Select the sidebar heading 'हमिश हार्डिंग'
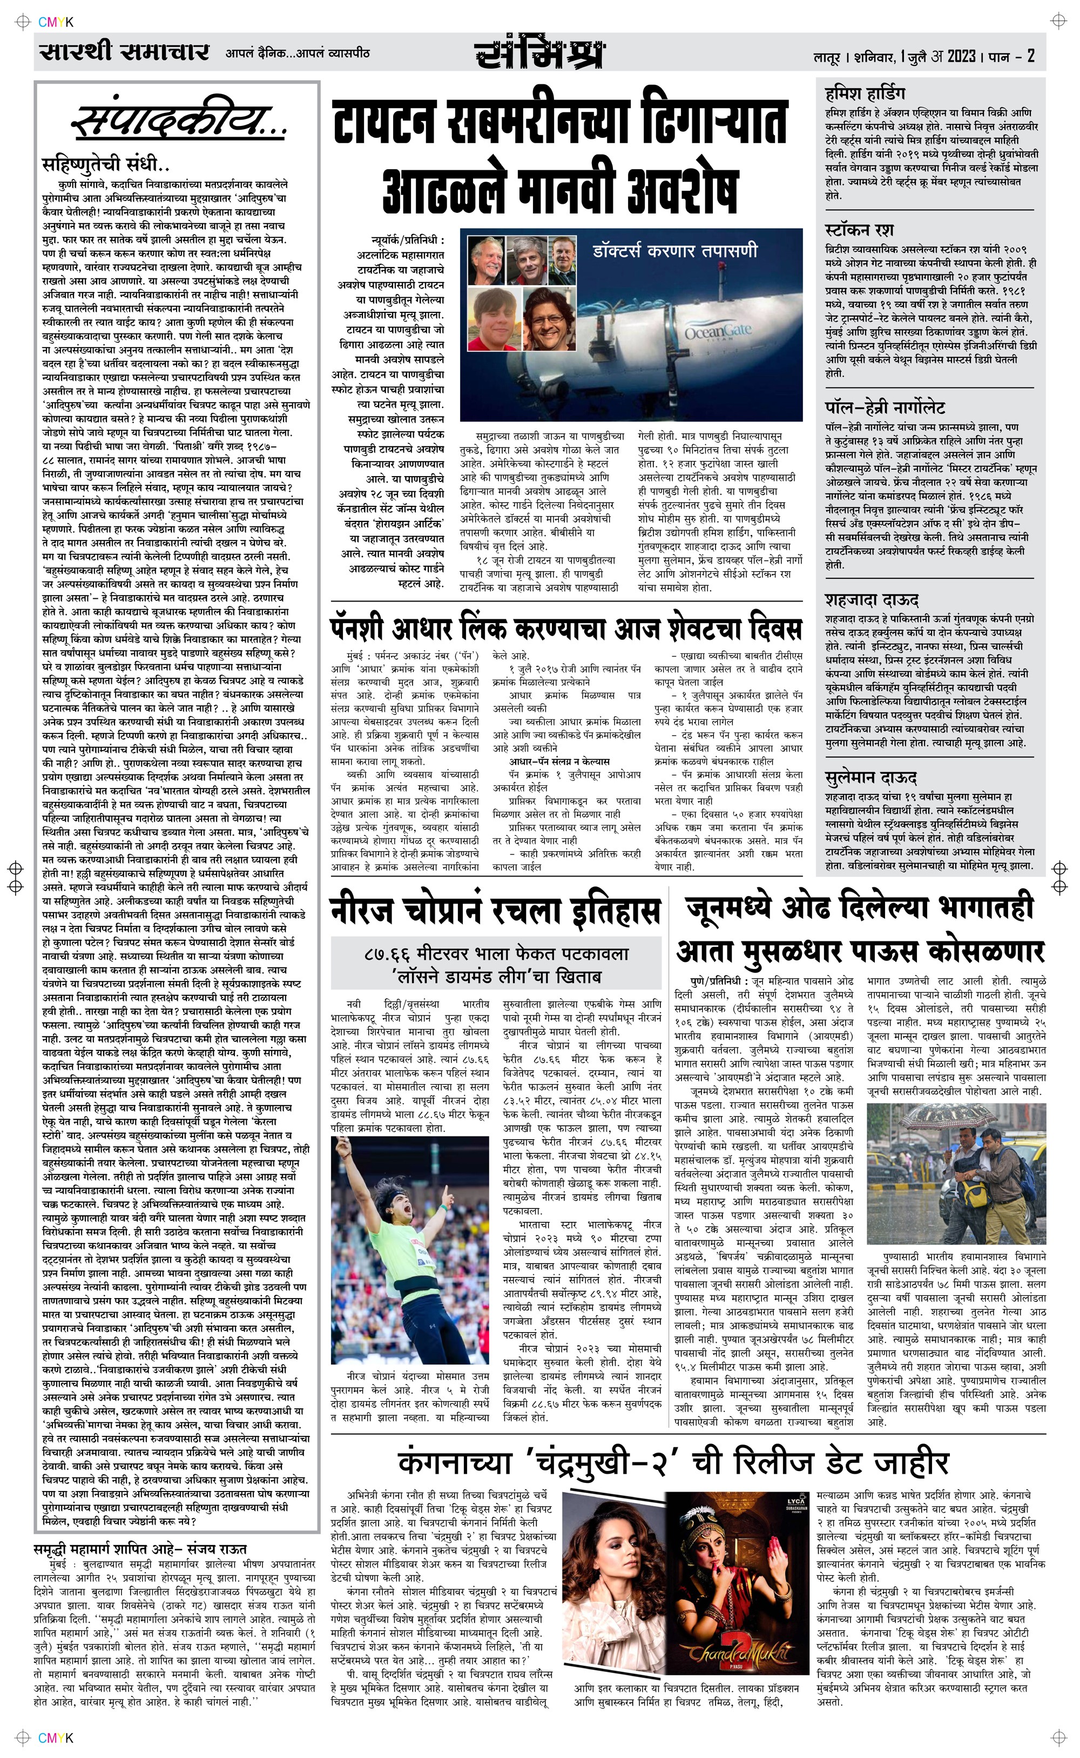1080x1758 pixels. (x=865, y=93)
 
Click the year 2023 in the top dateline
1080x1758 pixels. (x=962, y=56)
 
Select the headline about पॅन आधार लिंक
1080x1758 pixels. (x=566, y=629)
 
